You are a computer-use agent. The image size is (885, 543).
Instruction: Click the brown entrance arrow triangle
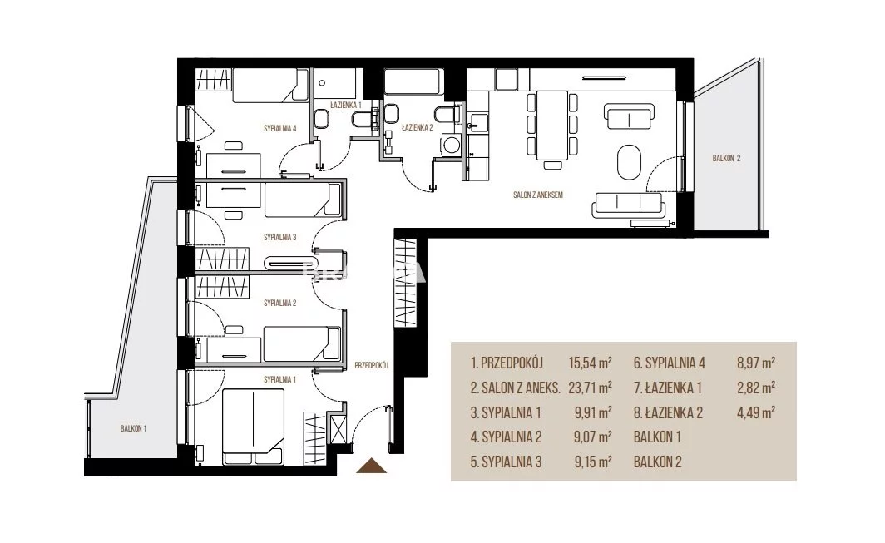point(371,466)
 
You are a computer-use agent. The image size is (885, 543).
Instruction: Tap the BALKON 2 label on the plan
point(726,159)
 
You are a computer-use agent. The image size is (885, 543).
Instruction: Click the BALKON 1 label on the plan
point(133,428)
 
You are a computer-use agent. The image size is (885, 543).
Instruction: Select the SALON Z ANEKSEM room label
point(538,195)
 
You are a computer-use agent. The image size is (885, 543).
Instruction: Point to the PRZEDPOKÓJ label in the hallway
point(371,365)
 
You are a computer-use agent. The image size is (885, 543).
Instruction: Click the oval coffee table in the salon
point(630,162)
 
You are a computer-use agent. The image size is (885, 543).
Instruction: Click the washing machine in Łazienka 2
point(451,144)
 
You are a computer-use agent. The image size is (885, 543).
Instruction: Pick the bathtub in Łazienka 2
point(413,81)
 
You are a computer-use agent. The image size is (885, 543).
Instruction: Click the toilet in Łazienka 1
point(322,119)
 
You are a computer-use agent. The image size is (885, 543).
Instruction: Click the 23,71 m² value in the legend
point(591,388)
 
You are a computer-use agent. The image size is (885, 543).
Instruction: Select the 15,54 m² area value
point(591,363)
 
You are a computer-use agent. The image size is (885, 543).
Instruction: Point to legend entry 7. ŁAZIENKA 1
point(668,388)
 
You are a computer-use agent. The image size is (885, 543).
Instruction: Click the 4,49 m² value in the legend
point(756,412)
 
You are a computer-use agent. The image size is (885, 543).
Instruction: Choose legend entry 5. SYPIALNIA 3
point(507,462)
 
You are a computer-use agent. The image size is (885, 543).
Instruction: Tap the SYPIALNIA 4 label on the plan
point(280,129)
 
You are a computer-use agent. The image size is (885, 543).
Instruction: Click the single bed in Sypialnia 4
point(271,85)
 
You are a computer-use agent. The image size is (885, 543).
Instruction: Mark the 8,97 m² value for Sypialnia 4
point(756,363)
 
